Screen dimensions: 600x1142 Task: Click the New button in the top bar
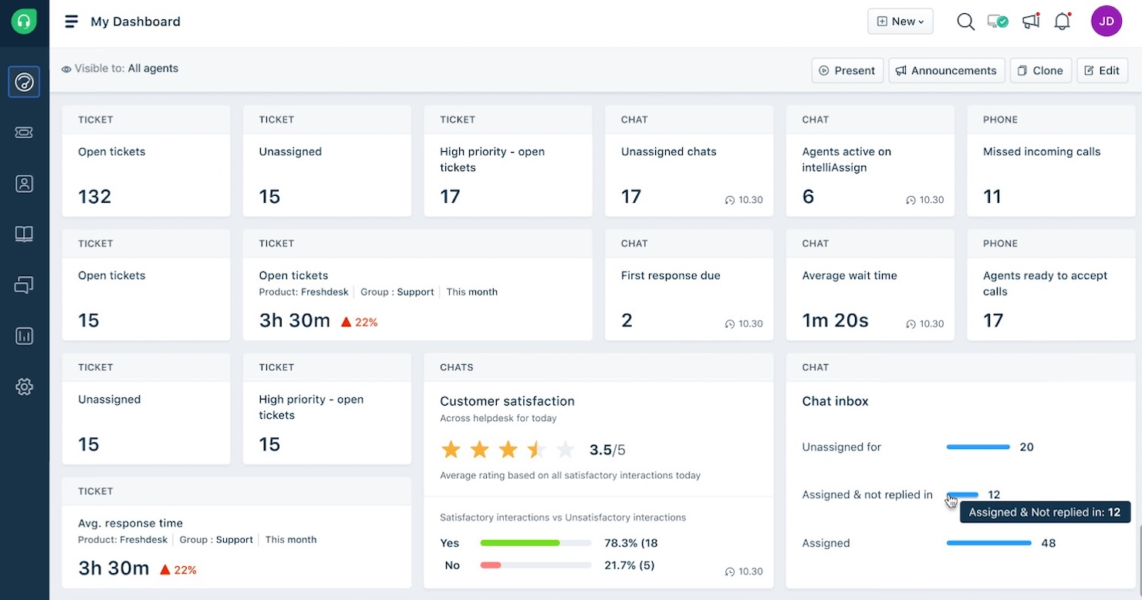pyautogui.click(x=900, y=22)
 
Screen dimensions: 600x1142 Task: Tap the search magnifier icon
pyautogui.click(x=965, y=22)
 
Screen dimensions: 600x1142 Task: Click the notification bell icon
pyautogui.click(x=1062, y=22)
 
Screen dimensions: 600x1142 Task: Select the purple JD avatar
pyautogui.click(x=1106, y=22)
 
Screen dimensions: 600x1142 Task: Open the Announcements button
pyautogui.click(x=946, y=70)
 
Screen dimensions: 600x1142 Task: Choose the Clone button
pyautogui.click(x=1040, y=70)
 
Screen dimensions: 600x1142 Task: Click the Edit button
pyautogui.click(x=1102, y=70)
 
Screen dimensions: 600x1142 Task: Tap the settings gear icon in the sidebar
pyautogui.click(x=25, y=386)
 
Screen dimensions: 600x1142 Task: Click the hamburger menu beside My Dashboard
pyautogui.click(x=71, y=22)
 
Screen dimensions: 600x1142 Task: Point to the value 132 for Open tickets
pyautogui.click(x=95, y=197)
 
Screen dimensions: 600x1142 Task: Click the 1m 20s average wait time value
pyautogui.click(x=835, y=321)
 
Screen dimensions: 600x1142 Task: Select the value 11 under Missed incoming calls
pyautogui.click(x=992, y=197)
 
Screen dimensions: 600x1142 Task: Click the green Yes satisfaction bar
pyautogui.click(x=519, y=543)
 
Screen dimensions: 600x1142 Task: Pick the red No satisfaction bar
pyautogui.click(x=491, y=565)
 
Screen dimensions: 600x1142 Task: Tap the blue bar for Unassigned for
pyautogui.click(x=978, y=447)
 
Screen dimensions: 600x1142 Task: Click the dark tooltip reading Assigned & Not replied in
pyautogui.click(x=1044, y=512)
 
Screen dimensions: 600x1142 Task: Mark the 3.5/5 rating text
pyautogui.click(x=607, y=450)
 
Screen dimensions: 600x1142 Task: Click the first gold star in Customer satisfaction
pyautogui.click(x=451, y=450)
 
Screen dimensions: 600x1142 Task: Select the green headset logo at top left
pyautogui.click(x=24, y=22)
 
